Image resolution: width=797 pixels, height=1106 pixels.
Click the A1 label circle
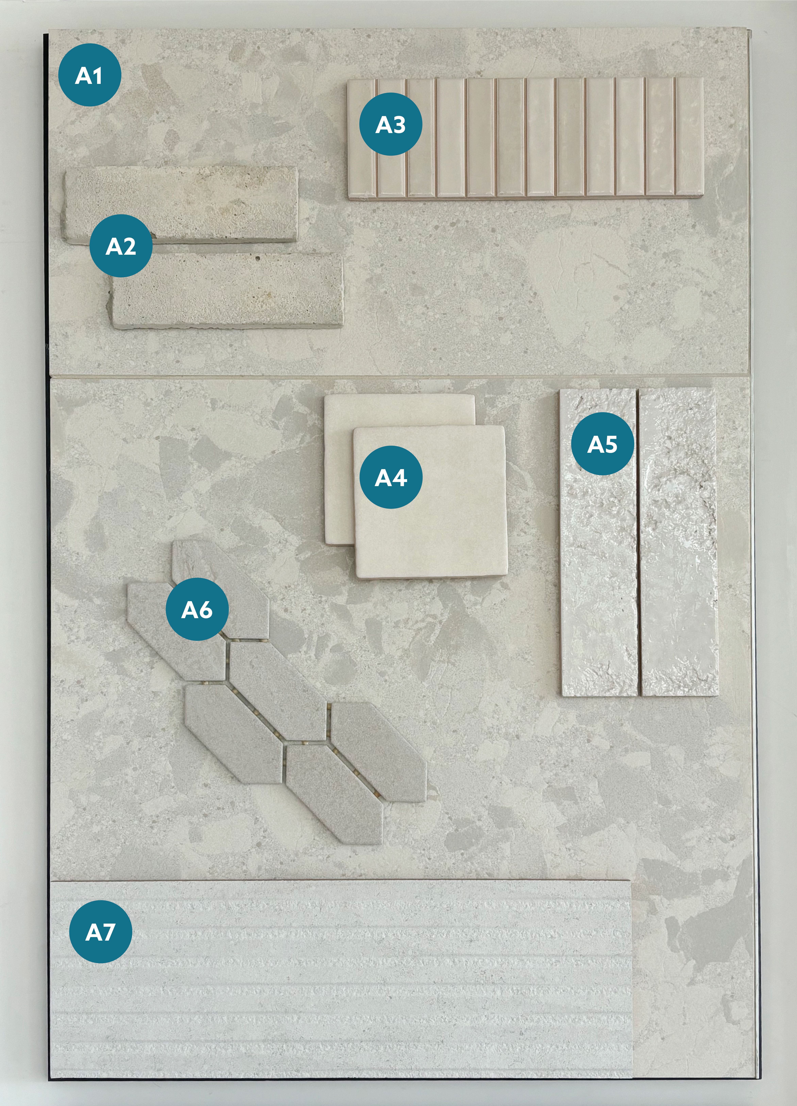(89, 75)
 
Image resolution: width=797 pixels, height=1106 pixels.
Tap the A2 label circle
(121, 246)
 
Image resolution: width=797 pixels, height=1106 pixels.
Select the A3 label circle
(390, 124)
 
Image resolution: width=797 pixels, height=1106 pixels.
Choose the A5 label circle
(602, 444)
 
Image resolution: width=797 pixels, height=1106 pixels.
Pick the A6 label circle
(197, 609)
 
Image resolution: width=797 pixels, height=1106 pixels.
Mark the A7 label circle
(100, 932)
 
